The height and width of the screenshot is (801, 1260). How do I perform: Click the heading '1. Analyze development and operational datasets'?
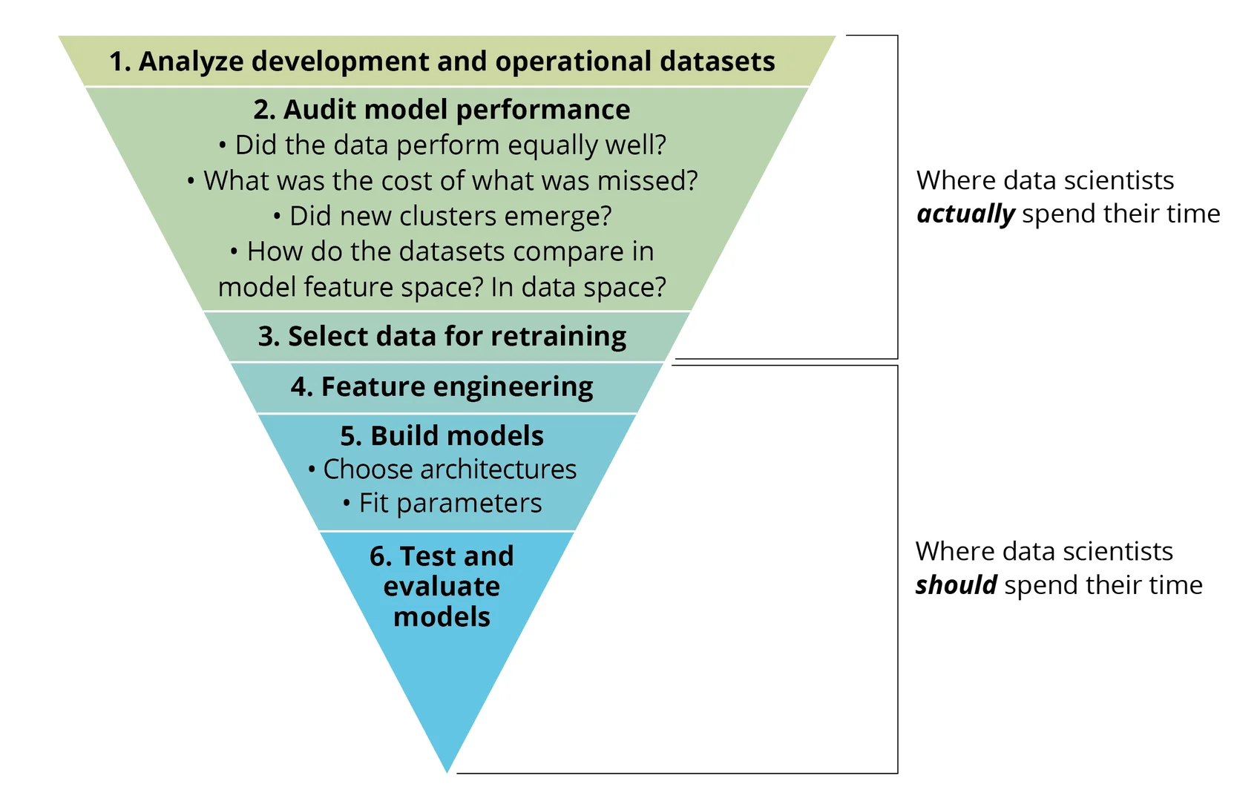click(x=442, y=62)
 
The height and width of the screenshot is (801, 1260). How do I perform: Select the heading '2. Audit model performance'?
click(x=442, y=110)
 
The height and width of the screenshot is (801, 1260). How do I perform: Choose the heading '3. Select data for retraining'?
click(x=442, y=337)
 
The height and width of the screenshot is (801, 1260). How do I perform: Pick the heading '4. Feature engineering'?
click(x=442, y=387)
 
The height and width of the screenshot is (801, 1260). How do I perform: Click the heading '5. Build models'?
click(x=442, y=436)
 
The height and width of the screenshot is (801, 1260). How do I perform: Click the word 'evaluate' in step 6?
click(x=442, y=587)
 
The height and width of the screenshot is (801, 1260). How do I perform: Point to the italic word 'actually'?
click(x=965, y=214)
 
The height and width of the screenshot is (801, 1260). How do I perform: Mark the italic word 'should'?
click(x=956, y=585)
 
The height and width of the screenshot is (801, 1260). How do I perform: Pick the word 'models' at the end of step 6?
click(x=442, y=617)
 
